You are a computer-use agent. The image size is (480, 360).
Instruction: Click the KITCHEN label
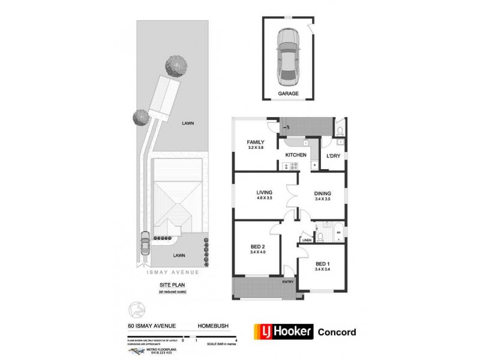point(296,155)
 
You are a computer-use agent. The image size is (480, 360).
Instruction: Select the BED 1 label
point(323,263)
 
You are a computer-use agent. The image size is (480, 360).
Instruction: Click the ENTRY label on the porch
point(289,282)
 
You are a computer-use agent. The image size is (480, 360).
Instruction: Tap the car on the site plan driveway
point(145,244)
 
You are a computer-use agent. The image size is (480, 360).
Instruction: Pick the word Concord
point(336,332)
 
